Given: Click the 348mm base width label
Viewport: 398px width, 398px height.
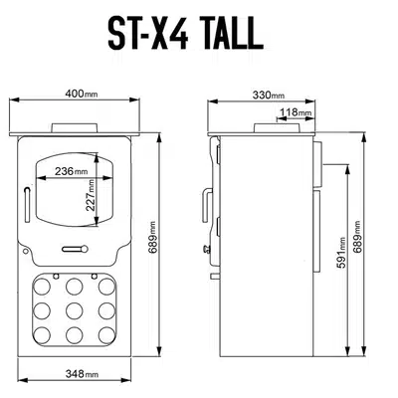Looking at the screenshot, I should click(72, 374).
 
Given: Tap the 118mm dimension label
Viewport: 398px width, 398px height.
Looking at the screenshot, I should click(297, 112).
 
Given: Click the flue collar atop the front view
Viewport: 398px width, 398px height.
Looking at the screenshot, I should click(76, 125).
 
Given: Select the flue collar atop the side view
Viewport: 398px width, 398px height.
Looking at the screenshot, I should click(268, 126).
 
